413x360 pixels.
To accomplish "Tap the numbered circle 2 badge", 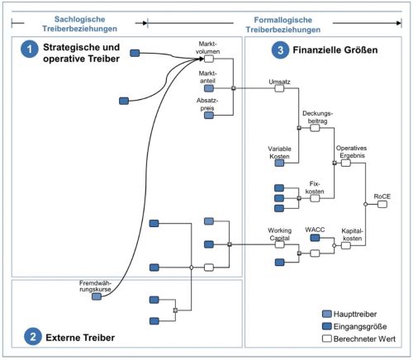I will tap(31, 336).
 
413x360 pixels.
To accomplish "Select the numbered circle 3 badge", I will tap(278, 51).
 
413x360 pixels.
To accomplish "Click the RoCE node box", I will tap(382, 204).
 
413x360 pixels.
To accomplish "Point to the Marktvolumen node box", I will tap(209, 59).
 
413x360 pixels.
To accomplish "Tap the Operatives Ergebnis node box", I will tap(346, 163).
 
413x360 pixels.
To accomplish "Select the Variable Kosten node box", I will tap(280, 163).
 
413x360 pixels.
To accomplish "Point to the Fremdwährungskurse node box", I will tap(97, 297).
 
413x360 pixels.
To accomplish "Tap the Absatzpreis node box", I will tap(209, 116).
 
